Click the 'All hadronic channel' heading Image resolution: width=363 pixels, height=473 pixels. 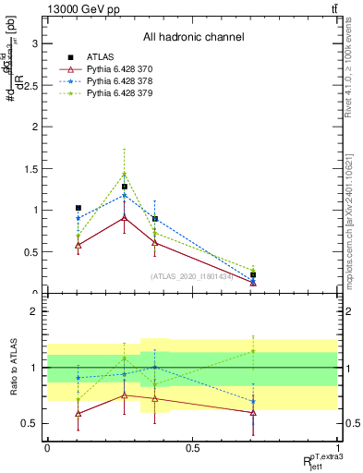pos(193,38)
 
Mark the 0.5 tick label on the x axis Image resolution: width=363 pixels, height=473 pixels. pos(192,448)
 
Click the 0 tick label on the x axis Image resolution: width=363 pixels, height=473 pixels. pos(47,448)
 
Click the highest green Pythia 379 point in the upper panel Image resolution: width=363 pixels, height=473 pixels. pos(125,174)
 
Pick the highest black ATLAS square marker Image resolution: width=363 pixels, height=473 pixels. pos(125,187)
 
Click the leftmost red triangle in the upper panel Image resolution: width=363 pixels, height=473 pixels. pos(79,245)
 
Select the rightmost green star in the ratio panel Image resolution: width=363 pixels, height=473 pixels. pos(253,351)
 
